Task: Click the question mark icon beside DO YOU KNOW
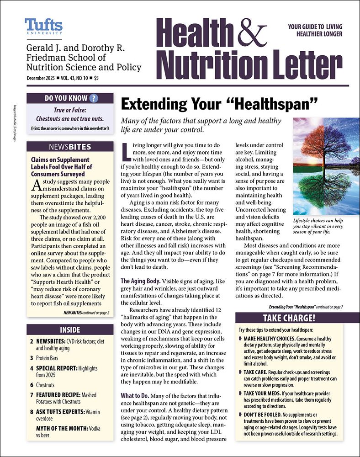point(94,98)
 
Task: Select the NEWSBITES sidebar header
point(70,147)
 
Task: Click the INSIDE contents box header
point(70,329)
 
